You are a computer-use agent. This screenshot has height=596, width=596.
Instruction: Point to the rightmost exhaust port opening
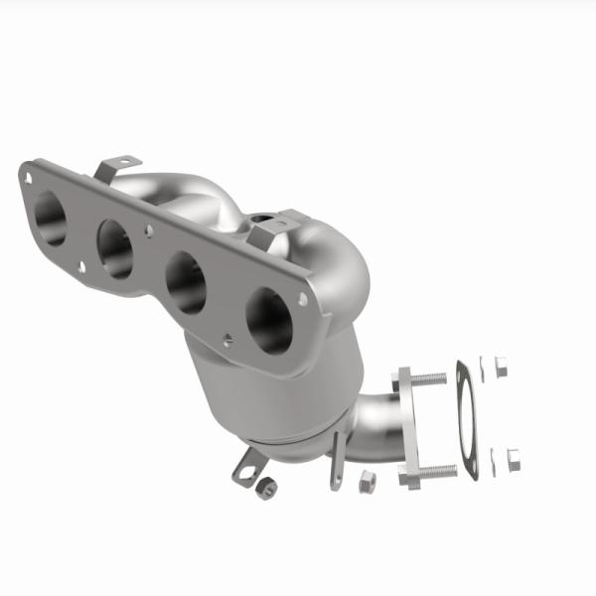pos(269,321)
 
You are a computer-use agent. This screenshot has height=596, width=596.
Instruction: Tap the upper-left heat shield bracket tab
pos(117,165)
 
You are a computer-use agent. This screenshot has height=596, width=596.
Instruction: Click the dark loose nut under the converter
pos(264,490)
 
